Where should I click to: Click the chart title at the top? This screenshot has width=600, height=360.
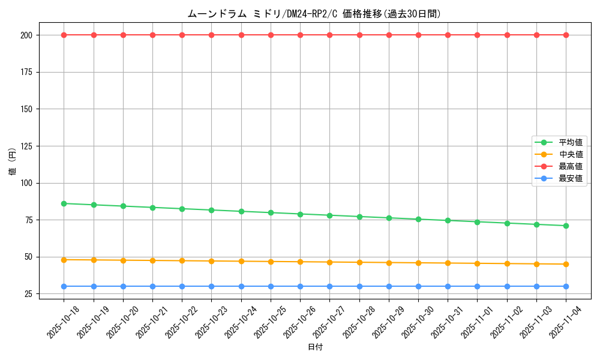[x=314, y=14]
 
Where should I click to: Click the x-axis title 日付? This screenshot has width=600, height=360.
[x=315, y=347]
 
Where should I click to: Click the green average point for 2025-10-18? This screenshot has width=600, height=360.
[x=64, y=203]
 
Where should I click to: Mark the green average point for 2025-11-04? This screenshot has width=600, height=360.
[x=566, y=226]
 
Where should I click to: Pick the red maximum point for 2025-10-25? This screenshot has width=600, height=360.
[x=271, y=35]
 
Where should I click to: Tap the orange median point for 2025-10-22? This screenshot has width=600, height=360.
[x=182, y=260]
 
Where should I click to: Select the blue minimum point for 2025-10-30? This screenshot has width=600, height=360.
[x=418, y=286]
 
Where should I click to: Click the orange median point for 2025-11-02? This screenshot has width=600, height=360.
[x=507, y=263]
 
